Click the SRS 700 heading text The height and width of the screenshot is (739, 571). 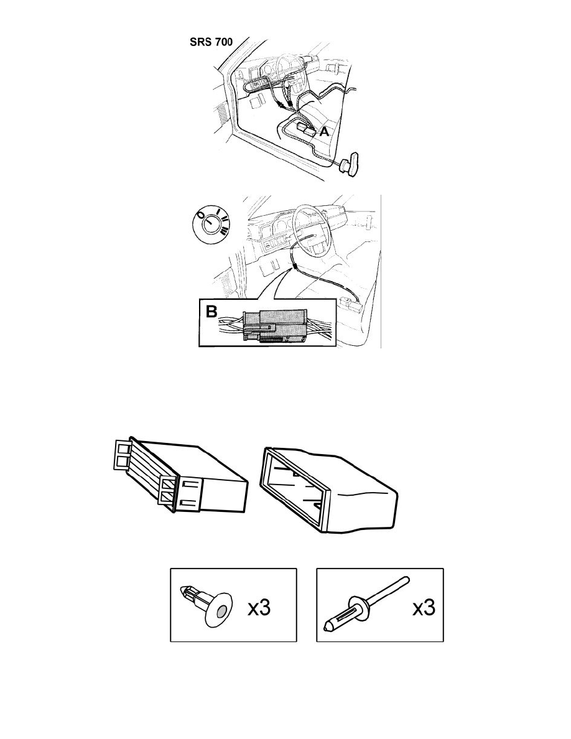point(211,42)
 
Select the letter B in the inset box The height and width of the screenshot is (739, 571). point(211,311)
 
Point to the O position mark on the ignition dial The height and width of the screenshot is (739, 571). point(201,215)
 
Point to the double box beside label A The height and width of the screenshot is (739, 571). point(305,129)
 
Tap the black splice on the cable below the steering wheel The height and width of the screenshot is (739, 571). point(295,267)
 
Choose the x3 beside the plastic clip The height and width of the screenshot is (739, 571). point(259,608)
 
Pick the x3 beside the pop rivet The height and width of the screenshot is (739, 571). point(424,608)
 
